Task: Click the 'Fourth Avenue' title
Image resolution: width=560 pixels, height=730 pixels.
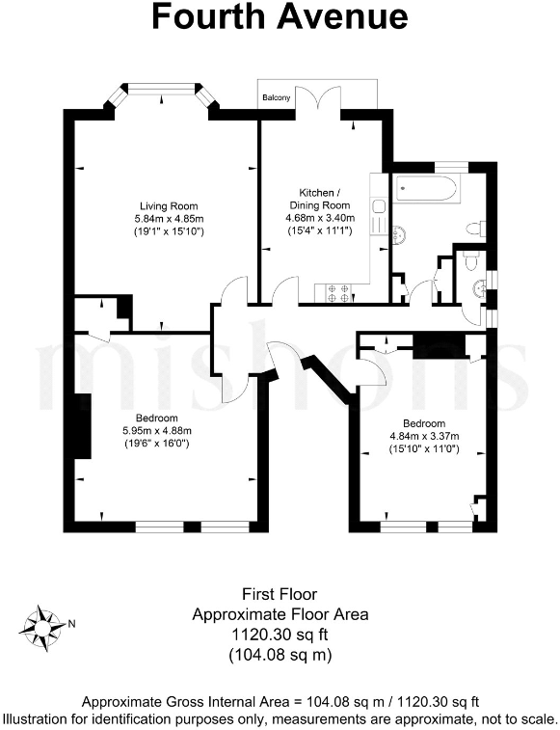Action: [x=280, y=16]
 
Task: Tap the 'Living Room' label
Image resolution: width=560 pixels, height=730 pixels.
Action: [x=169, y=205]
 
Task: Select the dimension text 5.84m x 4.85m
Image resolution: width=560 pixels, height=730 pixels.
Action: [x=169, y=219]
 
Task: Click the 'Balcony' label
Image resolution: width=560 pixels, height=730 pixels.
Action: [x=277, y=97]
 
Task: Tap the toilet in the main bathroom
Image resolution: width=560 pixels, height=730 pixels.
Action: [x=474, y=229]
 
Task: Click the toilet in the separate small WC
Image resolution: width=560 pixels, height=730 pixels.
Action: [x=467, y=261]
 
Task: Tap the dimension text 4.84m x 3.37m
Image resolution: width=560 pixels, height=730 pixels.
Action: [x=424, y=437]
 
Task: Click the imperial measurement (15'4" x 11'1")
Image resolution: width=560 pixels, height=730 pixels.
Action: [x=318, y=231]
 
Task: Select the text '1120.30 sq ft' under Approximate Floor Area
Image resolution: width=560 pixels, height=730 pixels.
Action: [x=280, y=635]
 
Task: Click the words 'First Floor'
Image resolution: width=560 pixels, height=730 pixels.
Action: [x=280, y=594]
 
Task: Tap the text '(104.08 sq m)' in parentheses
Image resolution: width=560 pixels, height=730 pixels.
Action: [x=280, y=656]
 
